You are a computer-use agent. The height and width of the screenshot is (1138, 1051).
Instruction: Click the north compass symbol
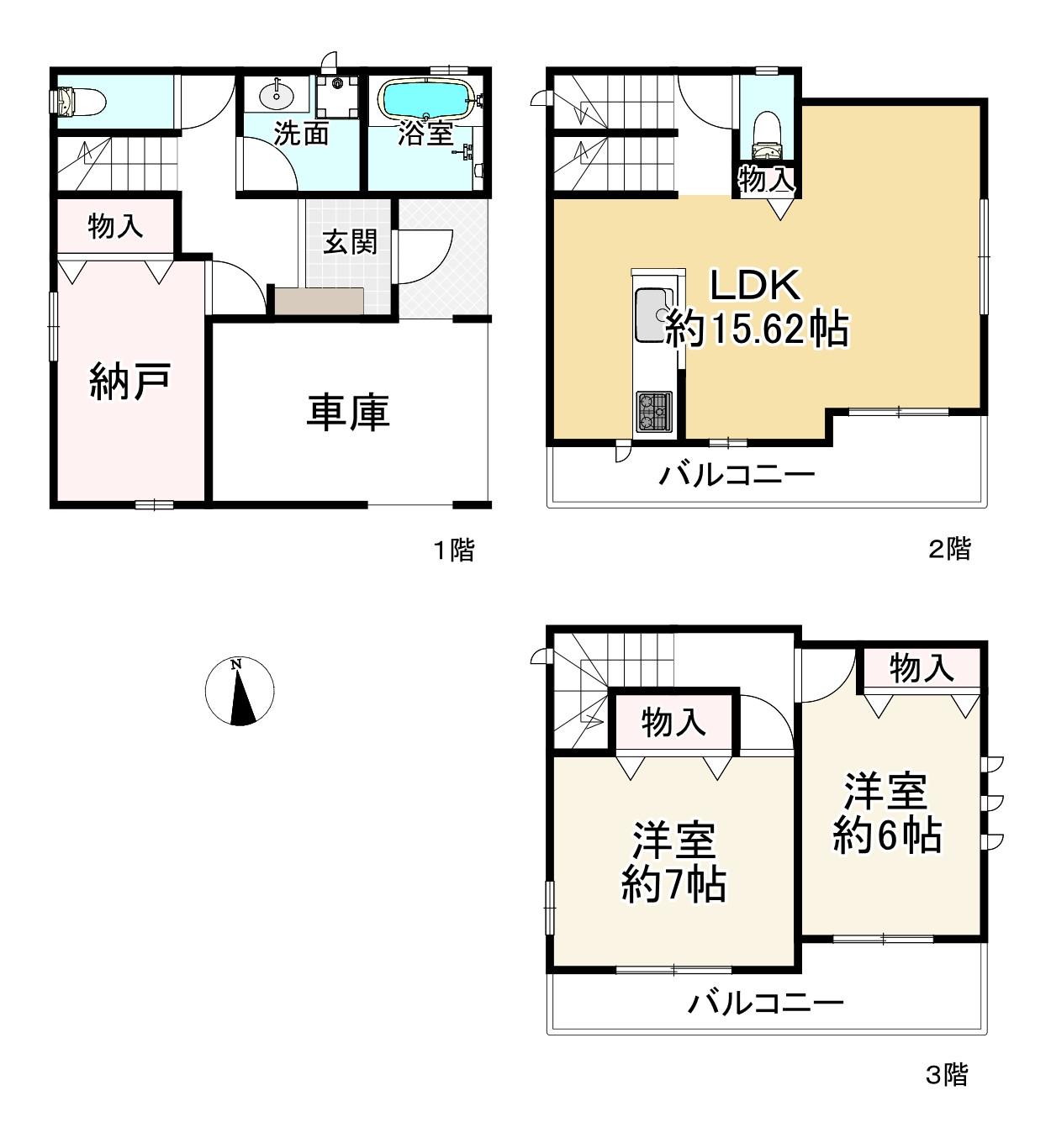(240, 691)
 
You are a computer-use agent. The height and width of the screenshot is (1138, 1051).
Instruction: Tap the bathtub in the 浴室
(426, 99)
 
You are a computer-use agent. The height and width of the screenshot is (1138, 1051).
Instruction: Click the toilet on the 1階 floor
(81, 102)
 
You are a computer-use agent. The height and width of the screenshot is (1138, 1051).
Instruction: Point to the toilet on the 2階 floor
(766, 135)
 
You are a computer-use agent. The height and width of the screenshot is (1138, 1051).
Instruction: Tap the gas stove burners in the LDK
(653, 411)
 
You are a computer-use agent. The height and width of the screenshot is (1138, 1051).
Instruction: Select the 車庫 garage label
(348, 414)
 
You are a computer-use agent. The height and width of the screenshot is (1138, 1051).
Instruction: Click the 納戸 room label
(130, 381)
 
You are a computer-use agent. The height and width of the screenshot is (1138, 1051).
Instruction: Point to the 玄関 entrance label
(351, 242)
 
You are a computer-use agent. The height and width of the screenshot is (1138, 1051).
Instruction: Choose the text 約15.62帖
(757, 329)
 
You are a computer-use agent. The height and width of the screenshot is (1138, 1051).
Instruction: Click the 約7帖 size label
(673, 884)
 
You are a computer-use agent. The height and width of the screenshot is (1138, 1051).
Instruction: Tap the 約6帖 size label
(887, 835)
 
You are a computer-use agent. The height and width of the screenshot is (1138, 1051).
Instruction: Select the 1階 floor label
(454, 551)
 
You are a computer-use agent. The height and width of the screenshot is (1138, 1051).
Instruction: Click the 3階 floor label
(947, 1074)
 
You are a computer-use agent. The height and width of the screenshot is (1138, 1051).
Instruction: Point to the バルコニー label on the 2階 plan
(737, 476)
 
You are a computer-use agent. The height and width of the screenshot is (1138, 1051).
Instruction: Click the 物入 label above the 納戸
(115, 225)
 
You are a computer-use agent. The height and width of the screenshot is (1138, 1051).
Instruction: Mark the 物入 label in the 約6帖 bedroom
(922, 668)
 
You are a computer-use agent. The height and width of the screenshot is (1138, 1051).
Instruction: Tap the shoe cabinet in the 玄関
(320, 300)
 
